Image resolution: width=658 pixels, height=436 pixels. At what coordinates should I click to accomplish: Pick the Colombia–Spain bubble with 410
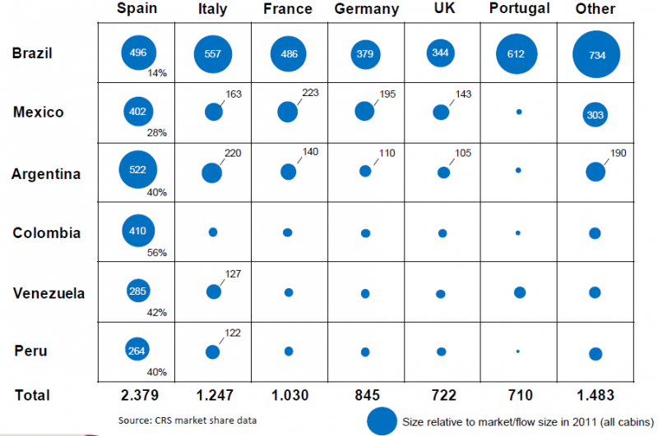(137, 232)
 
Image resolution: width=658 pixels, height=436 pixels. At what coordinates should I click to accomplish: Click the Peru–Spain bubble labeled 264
(137, 351)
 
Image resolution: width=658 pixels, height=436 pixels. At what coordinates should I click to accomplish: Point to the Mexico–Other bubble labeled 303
(595, 115)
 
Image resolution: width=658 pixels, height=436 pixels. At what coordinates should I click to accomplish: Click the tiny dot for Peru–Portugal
(517, 351)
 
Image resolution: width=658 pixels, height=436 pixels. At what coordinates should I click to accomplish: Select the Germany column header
(367, 10)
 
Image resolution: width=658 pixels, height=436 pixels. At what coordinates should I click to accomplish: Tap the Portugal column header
(519, 9)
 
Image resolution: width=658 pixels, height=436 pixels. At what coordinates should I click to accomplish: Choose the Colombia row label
(47, 233)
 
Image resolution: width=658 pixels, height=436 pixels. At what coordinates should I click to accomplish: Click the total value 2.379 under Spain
(138, 395)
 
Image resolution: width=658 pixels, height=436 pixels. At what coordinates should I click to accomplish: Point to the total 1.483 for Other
(595, 395)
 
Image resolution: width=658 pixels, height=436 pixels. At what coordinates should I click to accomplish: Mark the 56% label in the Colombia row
(156, 252)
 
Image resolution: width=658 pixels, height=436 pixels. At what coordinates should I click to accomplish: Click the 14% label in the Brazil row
(156, 72)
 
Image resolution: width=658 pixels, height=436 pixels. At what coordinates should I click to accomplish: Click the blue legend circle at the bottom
(381, 420)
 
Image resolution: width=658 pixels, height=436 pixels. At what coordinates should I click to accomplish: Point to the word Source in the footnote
(133, 420)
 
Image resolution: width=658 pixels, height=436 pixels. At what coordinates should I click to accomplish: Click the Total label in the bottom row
(32, 395)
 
